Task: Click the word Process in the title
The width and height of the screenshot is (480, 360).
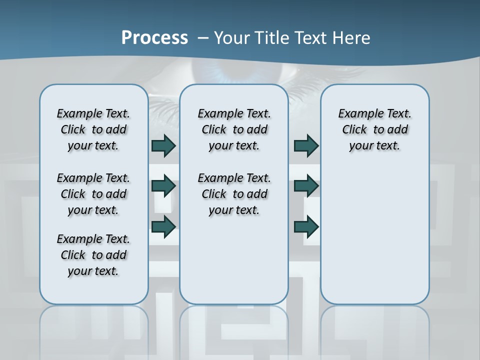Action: tap(154, 37)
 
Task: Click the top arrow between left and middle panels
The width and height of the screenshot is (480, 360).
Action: tap(163, 145)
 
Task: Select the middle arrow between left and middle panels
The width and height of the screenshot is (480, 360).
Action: tap(163, 186)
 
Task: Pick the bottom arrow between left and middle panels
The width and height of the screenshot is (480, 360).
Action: tap(163, 226)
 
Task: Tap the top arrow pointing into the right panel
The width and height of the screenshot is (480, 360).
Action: tap(306, 145)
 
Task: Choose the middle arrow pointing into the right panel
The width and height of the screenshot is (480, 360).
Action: tap(306, 186)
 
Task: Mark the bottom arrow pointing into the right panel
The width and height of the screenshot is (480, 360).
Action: tap(306, 226)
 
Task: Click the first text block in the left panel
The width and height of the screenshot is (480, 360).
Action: tap(93, 129)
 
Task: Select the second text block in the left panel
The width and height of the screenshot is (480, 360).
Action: tap(93, 194)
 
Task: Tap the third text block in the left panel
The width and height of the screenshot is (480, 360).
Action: tap(93, 255)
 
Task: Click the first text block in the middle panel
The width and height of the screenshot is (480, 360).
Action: tap(234, 129)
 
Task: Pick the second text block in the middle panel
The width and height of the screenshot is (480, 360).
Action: tap(234, 194)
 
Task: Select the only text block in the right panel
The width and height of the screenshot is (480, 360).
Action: tap(374, 129)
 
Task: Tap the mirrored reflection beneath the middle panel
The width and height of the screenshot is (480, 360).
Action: tap(234, 330)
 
